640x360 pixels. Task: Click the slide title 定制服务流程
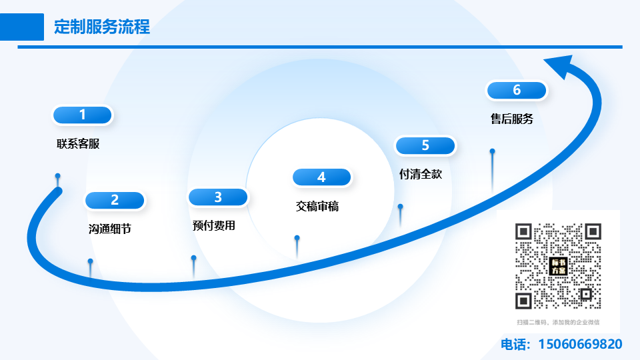(x=102, y=27)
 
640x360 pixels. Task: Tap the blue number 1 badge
(x=83, y=115)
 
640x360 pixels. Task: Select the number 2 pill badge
(x=115, y=200)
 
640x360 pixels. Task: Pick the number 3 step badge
(x=218, y=197)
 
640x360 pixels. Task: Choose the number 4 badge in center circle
(x=321, y=177)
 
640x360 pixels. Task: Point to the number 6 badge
(x=517, y=90)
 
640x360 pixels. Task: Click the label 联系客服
(x=78, y=143)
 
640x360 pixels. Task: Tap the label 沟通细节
(x=110, y=229)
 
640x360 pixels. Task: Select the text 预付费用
(x=214, y=225)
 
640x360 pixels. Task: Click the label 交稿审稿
(x=317, y=207)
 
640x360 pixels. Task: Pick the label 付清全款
(x=421, y=174)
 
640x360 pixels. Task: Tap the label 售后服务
(x=512, y=119)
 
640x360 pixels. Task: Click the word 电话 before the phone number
(x=514, y=345)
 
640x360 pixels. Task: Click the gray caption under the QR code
(x=558, y=322)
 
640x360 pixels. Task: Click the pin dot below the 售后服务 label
(x=493, y=151)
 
